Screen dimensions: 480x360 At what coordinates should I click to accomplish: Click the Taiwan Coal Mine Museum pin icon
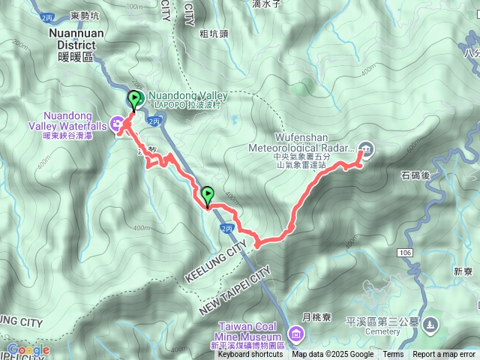296,332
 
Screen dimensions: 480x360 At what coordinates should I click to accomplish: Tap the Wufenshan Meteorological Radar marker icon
365,148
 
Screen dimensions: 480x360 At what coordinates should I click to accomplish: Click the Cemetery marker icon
430,324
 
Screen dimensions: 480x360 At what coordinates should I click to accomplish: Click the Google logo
28,349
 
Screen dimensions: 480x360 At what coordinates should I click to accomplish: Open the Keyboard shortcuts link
250,355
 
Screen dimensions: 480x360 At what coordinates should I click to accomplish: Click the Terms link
393,355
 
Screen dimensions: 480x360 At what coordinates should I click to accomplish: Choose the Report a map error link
444,355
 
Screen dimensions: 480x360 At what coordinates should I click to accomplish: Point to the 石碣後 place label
414,175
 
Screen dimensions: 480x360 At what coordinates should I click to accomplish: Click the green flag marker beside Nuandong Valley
135,100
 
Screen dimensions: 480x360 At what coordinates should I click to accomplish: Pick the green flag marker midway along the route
208,196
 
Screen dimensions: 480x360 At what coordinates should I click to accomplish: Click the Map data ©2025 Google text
333,355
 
